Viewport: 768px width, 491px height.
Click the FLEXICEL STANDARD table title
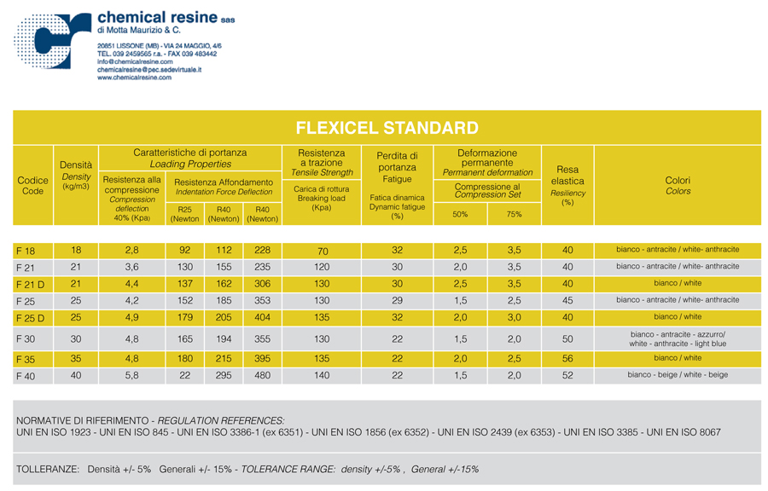tap(386, 129)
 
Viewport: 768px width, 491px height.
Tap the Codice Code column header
tap(32, 186)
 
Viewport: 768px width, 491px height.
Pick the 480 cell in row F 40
tap(262, 375)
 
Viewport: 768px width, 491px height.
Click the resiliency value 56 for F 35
tap(567, 359)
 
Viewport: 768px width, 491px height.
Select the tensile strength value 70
tap(322, 251)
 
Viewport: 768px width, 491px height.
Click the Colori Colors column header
tap(677, 186)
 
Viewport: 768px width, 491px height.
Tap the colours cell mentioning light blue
tap(678, 338)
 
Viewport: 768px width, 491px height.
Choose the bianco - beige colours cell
tap(678, 375)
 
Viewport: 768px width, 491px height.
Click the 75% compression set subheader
tap(514, 214)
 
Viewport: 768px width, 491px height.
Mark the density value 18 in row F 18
tap(76, 250)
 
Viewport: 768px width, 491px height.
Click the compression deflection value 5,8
tap(131, 375)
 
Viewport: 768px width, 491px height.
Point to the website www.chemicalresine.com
tap(134, 77)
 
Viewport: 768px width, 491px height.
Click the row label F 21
tap(25, 268)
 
